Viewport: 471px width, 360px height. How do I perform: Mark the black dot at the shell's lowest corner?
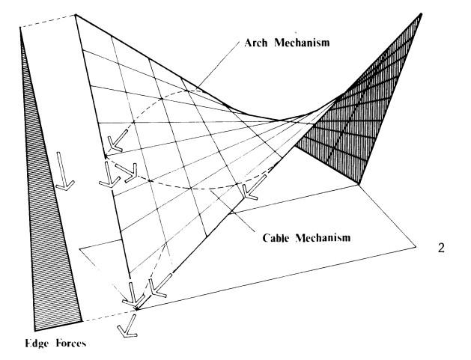click(136, 307)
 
